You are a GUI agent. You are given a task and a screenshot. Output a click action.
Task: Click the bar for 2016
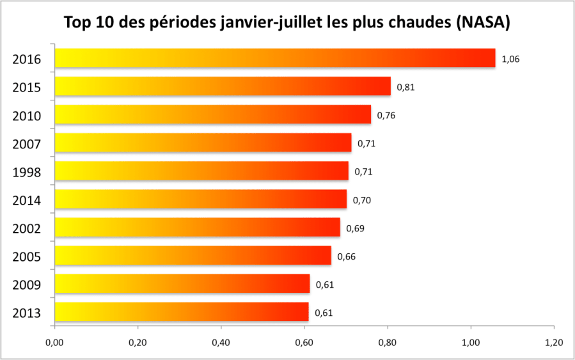click(x=275, y=58)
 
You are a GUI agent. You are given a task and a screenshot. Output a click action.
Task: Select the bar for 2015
click(x=223, y=86)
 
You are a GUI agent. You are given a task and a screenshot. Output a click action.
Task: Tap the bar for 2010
click(x=212, y=114)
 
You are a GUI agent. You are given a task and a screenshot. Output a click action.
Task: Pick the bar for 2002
click(x=197, y=227)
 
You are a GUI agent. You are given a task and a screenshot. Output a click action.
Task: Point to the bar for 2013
click(x=182, y=312)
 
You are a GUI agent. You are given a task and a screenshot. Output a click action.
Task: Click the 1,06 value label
click(x=510, y=59)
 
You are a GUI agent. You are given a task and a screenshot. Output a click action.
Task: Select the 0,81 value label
click(x=406, y=87)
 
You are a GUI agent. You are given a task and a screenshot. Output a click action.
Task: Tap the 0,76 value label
click(x=386, y=115)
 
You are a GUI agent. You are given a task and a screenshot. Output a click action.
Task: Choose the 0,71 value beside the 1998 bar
click(x=363, y=171)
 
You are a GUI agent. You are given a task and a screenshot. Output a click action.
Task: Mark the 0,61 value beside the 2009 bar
click(x=324, y=285)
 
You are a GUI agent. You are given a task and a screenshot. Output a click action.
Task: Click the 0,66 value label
click(x=346, y=256)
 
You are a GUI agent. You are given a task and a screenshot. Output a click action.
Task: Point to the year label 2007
click(x=27, y=144)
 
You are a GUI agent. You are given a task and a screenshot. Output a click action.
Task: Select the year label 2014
click(x=27, y=200)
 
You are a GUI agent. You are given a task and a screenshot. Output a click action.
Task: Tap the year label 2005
click(x=27, y=256)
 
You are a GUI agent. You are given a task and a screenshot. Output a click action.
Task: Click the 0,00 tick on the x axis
click(x=54, y=343)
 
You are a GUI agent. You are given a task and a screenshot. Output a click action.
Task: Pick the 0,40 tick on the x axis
click(x=221, y=343)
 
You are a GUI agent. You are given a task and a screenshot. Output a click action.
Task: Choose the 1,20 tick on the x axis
click(x=554, y=343)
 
